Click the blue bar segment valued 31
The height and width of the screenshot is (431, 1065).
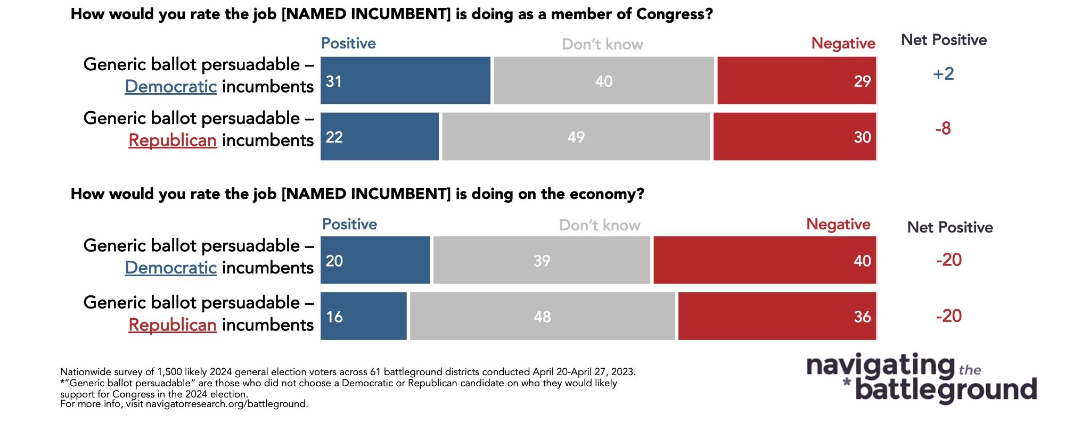(x=405, y=81)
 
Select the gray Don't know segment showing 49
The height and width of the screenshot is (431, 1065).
(x=576, y=137)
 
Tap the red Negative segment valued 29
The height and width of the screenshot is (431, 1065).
(x=796, y=81)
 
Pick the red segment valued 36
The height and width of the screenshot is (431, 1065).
(x=776, y=316)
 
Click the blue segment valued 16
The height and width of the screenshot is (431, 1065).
(x=364, y=316)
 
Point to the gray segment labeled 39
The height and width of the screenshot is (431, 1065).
(x=542, y=260)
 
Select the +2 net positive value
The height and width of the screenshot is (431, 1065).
(x=943, y=74)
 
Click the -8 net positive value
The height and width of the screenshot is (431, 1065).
(x=943, y=129)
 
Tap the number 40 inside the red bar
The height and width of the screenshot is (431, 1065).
(x=862, y=261)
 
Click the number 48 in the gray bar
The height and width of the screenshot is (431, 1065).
(x=542, y=317)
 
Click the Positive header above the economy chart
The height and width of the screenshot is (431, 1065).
(x=349, y=225)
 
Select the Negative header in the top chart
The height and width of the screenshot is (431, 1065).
(x=843, y=44)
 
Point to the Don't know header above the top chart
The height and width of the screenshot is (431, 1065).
(x=602, y=44)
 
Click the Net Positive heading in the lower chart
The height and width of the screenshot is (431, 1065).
(x=950, y=228)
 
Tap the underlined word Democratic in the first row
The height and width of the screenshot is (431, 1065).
(x=171, y=87)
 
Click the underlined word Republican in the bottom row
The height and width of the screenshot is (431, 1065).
(x=173, y=325)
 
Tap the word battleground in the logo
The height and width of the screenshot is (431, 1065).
(x=946, y=390)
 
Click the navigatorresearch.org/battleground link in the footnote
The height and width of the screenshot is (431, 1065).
(x=226, y=404)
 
